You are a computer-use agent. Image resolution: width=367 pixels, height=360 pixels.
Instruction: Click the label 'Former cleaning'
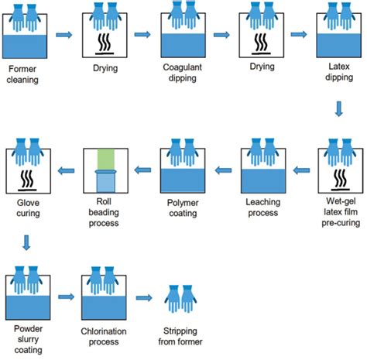tap(26, 74)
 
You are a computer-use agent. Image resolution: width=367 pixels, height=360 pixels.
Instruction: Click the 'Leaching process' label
tap(262, 207)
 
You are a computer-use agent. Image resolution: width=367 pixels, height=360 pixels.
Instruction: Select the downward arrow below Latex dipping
tap(338, 111)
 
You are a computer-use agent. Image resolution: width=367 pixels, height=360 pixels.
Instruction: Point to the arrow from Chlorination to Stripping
tap(142, 297)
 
